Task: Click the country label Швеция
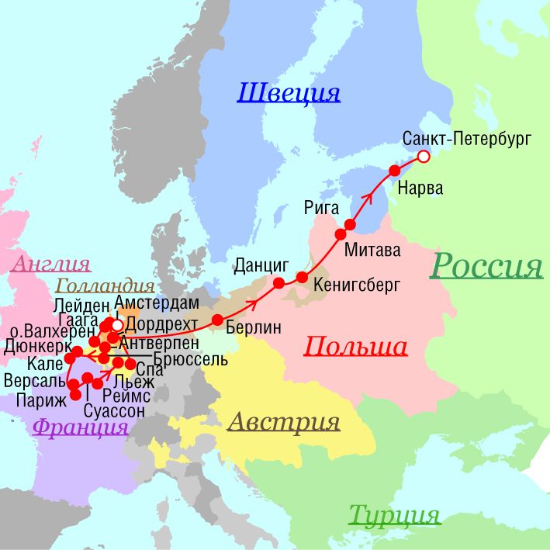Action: tap(289, 93)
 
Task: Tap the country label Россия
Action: tap(486, 266)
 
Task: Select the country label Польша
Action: tap(356, 346)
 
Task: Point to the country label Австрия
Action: tap(284, 422)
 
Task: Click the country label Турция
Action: tap(394, 514)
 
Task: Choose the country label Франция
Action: tap(81, 426)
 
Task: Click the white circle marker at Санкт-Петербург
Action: tap(424, 157)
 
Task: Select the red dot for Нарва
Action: tap(394, 170)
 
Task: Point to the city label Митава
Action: tap(372, 251)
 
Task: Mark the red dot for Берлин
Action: tap(218, 320)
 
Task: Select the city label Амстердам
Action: tap(157, 302)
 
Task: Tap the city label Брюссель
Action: tap(191, 360)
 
